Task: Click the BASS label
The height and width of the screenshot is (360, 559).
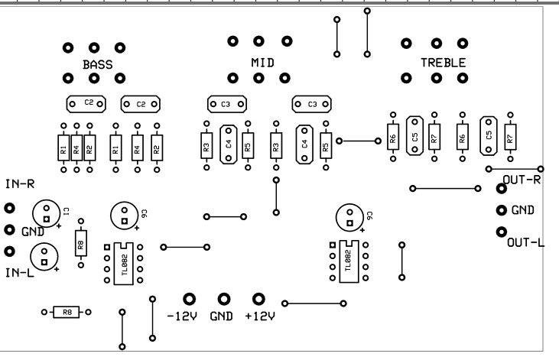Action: point(97,66)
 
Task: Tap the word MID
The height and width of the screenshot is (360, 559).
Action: point(262,60)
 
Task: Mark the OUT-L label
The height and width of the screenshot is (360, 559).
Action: point(525,243)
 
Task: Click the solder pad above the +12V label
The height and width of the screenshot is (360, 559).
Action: point(258,299)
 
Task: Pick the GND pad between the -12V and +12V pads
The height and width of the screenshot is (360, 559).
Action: point(224,299)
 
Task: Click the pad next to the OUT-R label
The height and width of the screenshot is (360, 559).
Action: point(502,188)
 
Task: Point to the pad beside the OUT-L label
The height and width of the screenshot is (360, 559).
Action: point(502,232)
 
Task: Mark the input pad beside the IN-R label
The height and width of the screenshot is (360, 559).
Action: point(10,208)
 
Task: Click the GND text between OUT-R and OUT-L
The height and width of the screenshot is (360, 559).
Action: point(522,209)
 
